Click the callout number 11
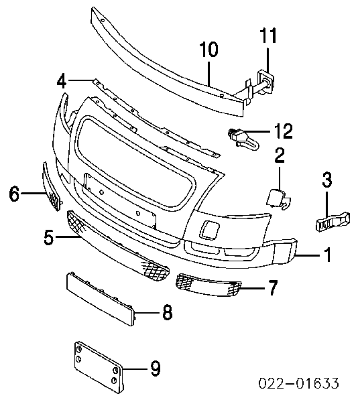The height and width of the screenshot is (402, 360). (x=268, y=36)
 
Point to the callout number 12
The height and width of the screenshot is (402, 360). (x=283, y=131)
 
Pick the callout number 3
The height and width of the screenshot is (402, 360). (x=327, y=179)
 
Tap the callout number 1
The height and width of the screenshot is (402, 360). (x=327, y=255)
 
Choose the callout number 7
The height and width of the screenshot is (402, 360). (x=272, y=287)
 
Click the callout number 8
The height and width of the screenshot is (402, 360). (x=168, y=312)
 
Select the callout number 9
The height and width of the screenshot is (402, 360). (x=155, y=368)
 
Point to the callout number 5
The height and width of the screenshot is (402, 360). (x=49, y=237)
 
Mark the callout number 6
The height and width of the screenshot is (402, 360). (x=14, y=194)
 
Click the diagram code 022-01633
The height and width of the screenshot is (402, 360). (x=298, y=383)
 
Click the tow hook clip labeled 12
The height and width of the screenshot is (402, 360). (x=243, y=139)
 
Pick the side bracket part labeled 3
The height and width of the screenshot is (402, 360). (x=333, y=221)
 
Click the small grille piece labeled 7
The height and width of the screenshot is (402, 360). (x=208, y=285)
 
